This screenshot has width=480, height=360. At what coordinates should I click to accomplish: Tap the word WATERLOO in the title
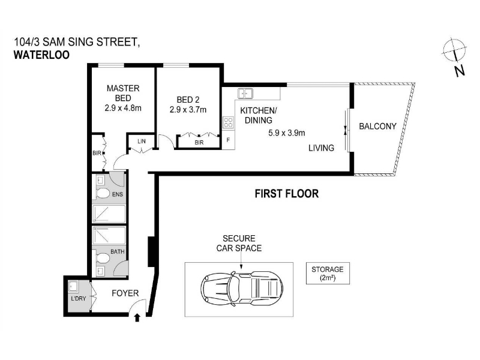coord(41,55)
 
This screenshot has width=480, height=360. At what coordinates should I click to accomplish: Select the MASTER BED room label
coord(123,93)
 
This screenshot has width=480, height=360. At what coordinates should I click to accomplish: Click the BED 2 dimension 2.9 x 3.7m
coord(188,110)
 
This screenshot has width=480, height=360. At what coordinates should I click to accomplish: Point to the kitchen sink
coord(245,94)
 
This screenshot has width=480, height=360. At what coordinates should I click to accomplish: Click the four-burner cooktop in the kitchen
coord(229,122)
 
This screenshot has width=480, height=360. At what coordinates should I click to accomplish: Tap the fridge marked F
coord(228,140)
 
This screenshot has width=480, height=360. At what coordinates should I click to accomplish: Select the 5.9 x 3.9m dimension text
coord(287,133)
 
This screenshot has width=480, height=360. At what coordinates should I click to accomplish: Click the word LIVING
coord(321,148)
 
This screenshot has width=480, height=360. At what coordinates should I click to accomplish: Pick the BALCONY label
coord(377,126)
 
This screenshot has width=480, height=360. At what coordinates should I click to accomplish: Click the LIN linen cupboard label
coord(142,141)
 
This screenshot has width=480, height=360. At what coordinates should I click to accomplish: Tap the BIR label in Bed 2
coord(199,142)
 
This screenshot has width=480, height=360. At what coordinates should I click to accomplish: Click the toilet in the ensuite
coord(103,193)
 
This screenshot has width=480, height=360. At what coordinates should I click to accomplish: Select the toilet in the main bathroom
coord(103,258)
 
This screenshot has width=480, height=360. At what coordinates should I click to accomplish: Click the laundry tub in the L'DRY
coord(73,287)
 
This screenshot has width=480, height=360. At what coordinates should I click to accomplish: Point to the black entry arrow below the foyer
coord(137,318)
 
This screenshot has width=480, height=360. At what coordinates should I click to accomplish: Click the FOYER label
coord(125,293)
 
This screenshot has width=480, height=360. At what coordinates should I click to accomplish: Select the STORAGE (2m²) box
coord(328,274)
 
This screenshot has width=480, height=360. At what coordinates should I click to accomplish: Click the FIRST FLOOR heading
coord(287,193)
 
